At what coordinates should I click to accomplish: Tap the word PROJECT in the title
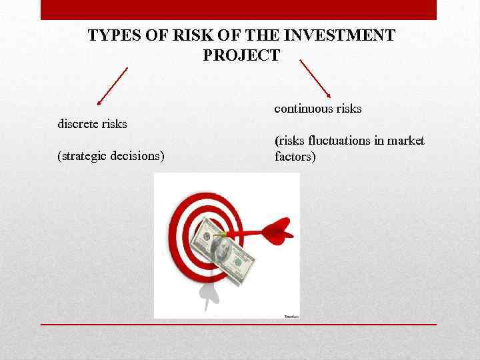point(241,55)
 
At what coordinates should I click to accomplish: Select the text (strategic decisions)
point(111,157)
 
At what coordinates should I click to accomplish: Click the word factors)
point(295,157)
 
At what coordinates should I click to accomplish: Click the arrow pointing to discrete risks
point(112,86)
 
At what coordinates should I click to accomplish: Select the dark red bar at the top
point(239,9)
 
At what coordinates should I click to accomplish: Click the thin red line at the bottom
point(239,325)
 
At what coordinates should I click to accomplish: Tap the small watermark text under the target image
point(291,315)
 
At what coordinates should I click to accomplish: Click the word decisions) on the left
point(139,157)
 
